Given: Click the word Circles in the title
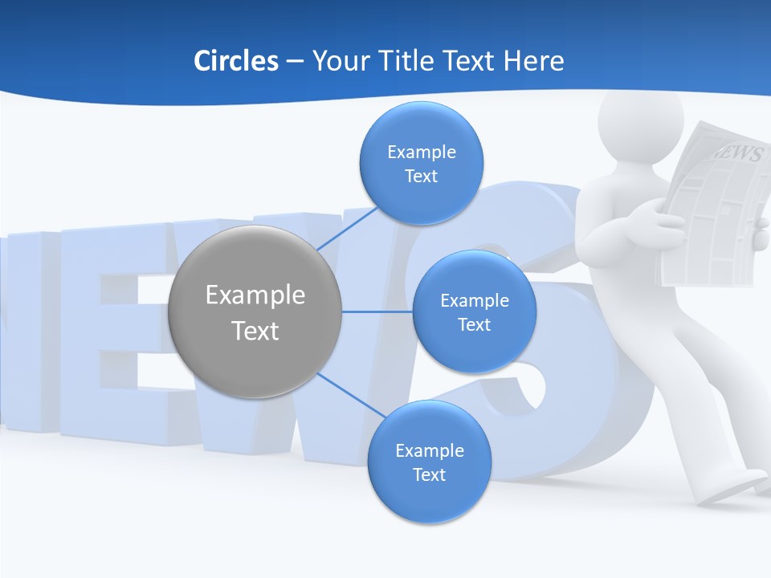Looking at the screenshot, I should tap(235, 61).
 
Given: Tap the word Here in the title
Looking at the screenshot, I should tap(533, 61).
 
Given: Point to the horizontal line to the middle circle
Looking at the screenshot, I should tap(377, 311).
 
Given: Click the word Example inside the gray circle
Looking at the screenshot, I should tap(255, 295).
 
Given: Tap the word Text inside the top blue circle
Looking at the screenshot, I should tap(421, 176).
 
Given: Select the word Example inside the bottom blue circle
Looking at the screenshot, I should tap(429, 450).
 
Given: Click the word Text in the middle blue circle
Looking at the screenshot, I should tap(474, 324).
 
